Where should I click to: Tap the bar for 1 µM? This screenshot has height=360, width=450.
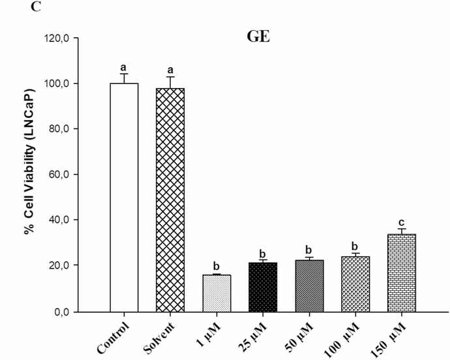point(217,293)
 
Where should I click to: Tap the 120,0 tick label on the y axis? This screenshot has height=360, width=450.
point(56,38)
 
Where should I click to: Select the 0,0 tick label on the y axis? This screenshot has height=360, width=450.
point(61,312)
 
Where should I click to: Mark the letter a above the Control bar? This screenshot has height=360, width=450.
point(124,67)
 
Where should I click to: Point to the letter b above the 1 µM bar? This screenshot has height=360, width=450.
point(217,266)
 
